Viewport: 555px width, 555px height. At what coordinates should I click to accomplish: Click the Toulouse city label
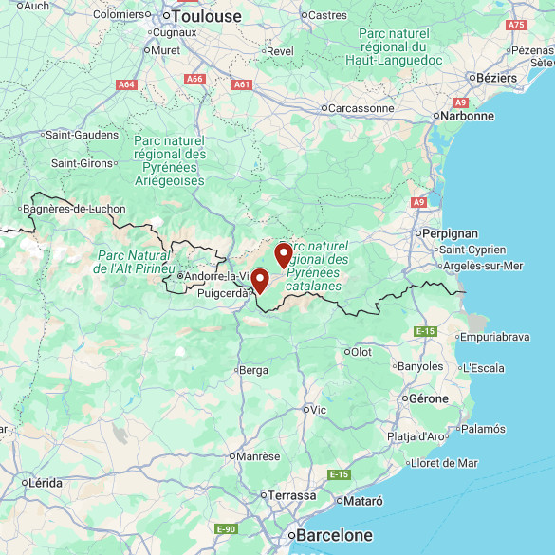tap(206, 16)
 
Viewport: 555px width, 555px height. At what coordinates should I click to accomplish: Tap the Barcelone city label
tap(334, 535)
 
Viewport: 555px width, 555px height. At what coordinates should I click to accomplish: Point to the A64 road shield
tap(126, 84)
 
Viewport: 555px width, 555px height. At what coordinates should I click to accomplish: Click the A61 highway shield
tap(242, 84)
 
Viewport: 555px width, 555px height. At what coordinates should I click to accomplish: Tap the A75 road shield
tap(516, 25)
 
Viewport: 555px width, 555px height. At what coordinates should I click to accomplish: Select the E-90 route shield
tap(226, 528)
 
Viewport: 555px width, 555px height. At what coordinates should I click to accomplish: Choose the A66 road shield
tap(195, 79)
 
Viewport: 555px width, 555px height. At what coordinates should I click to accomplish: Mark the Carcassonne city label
tap(361, 108)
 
